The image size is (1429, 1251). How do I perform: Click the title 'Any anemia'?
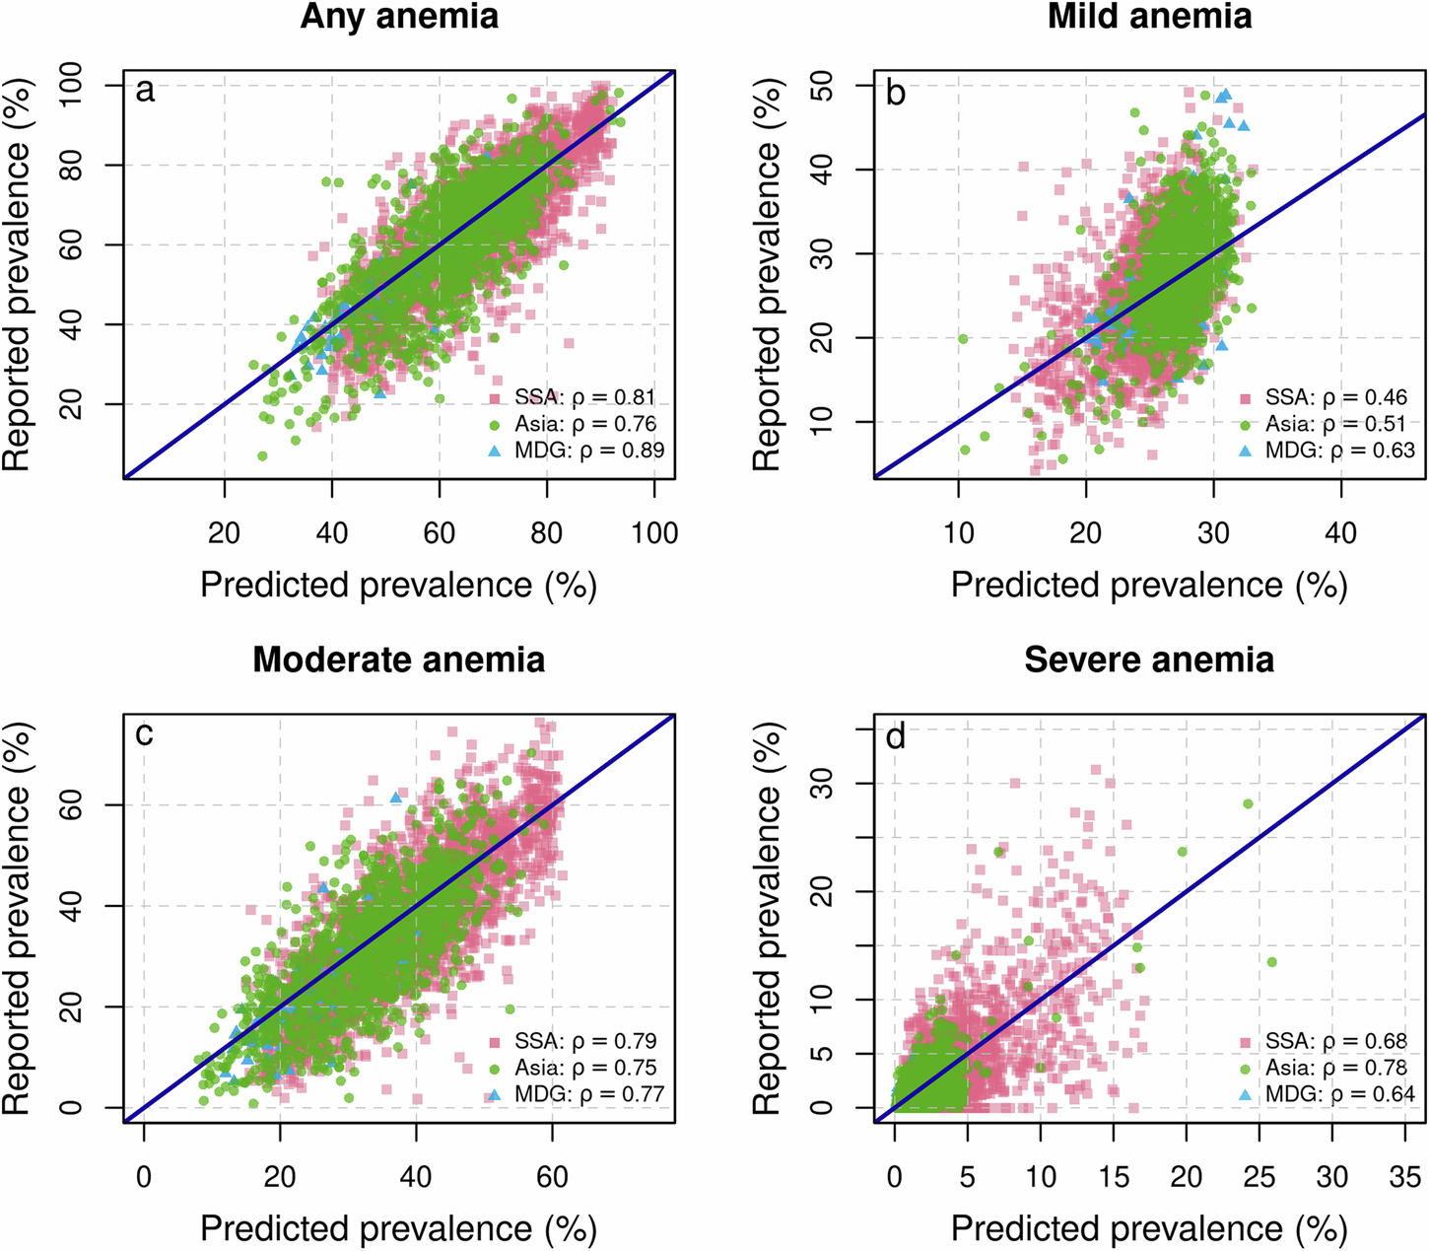[x=399, y=17]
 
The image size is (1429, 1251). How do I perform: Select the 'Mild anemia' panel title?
[x=1149, y=17]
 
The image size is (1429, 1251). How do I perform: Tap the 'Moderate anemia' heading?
[x=399, y=660]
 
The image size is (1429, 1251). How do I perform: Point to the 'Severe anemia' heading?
[x=1149, y=660]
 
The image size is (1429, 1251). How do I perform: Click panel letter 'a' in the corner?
[x=145, y=92]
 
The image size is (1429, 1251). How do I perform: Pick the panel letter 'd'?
[x=896, y=735]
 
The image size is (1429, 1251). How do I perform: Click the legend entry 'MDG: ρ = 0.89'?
[x=589, y=451]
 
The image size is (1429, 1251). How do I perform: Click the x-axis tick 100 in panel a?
[x=654, y=533]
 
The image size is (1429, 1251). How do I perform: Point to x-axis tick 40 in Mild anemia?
[x=1340, y=533]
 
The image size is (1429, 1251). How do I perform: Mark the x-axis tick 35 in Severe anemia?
[x=1405, y=1177]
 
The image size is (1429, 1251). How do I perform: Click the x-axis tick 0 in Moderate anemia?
[x=144, y=1177]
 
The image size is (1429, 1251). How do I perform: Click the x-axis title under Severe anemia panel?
[x=1149, y=1228]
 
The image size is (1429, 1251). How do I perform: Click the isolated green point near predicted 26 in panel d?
[x=1271, y=961]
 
